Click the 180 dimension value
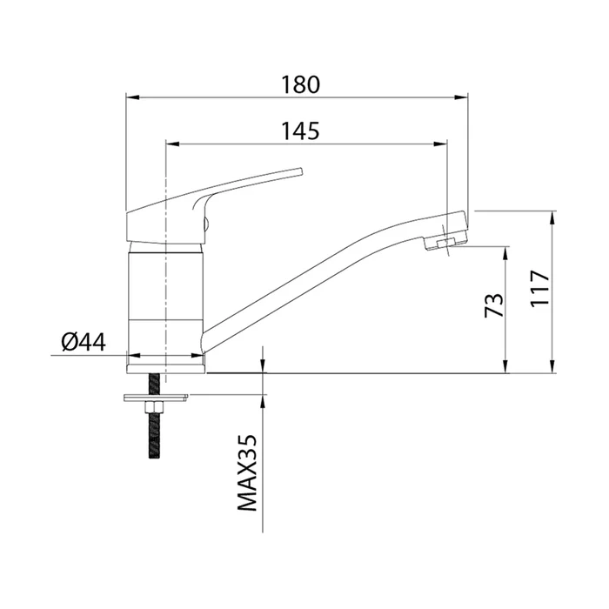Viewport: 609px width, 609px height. tap(300, 85)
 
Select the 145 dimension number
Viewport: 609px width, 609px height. tap(300, 130)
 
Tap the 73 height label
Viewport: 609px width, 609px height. tap(493, 304)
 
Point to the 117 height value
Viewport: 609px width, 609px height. tap(540, 288)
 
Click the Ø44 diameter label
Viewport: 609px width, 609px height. tap(84, 342)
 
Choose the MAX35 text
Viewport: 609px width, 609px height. tap(247, 472)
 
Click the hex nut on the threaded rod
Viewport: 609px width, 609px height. tap(155, 408)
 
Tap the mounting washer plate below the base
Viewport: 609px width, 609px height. tap(156, 398)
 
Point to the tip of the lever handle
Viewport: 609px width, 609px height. tap(300, 171)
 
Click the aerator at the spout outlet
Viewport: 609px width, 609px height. tap(445, 244)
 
